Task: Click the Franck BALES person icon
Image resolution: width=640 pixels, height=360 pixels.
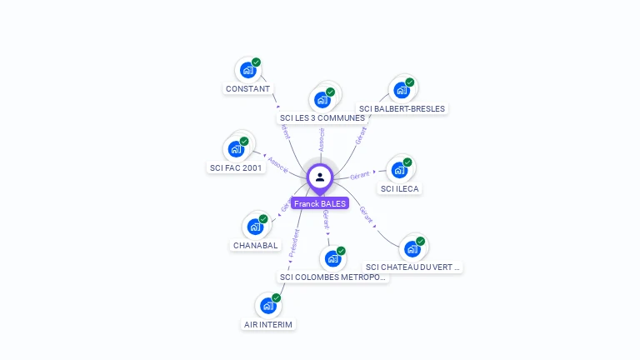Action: (320, 177)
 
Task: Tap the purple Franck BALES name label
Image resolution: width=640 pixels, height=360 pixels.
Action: (320, 203)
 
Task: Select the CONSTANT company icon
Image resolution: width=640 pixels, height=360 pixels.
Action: (247, 71)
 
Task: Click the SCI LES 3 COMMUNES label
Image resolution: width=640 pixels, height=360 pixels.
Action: (322, 117)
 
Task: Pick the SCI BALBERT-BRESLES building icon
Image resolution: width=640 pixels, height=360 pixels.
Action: (402, 90)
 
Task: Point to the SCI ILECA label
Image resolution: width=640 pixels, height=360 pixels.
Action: (400, 188)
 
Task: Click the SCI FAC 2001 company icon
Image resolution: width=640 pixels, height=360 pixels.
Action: (236, 150)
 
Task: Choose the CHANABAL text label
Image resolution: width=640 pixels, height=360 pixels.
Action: (255, 245)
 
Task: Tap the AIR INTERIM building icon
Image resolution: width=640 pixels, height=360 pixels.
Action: (267, 306)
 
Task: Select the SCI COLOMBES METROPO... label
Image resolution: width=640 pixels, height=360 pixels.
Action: (333, 277)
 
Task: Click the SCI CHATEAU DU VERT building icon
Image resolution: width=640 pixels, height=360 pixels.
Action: (412, 249)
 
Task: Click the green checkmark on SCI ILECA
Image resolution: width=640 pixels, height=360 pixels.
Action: (407, 162)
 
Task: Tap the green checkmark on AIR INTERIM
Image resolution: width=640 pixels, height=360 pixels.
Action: (276, 298)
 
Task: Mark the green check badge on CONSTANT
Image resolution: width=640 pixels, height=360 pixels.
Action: (256, 62)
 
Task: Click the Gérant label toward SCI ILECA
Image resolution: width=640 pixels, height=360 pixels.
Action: (360, 176)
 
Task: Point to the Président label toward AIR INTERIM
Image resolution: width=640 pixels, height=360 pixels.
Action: (293, 242)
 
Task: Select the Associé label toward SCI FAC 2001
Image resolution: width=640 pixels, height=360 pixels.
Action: (278, 163)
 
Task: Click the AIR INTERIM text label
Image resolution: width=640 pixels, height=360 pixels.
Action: (269, 324)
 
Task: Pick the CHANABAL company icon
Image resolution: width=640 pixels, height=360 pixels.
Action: (255, 227)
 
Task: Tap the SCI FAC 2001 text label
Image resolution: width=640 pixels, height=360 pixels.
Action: (235, 167)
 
